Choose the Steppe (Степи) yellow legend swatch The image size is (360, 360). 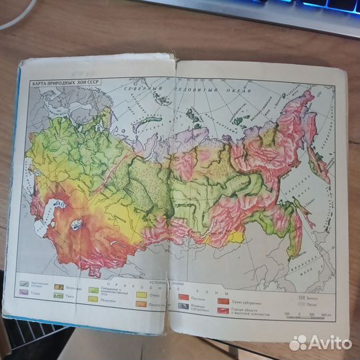[141, 293]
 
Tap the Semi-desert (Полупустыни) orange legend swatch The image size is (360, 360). [141, 303]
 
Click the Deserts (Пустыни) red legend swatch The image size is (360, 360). [183, 297]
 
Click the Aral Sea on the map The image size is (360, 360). [78, 224]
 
